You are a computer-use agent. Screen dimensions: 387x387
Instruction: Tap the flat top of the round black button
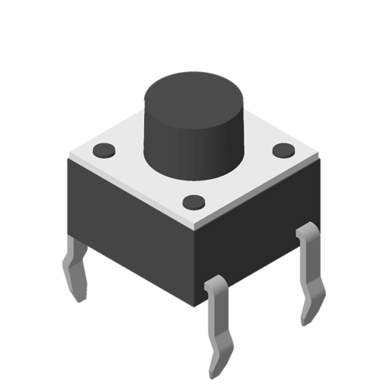[193, 92]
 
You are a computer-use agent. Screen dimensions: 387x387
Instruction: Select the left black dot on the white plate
[103, 149]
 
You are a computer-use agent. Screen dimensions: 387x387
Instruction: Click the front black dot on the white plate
[194, 203]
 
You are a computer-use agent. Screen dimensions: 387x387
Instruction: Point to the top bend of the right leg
[307, 231]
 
